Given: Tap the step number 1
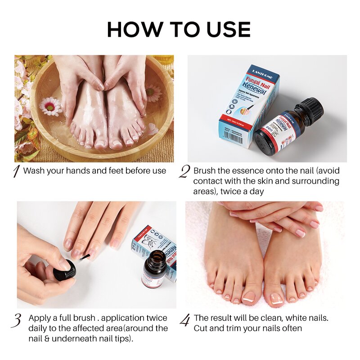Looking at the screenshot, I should pos(16,171).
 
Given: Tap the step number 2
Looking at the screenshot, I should pos(184,171).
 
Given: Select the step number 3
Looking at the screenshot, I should pos(17,320).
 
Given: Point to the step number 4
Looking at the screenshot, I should pos(185,320).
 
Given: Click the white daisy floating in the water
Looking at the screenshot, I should pos(50,106).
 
